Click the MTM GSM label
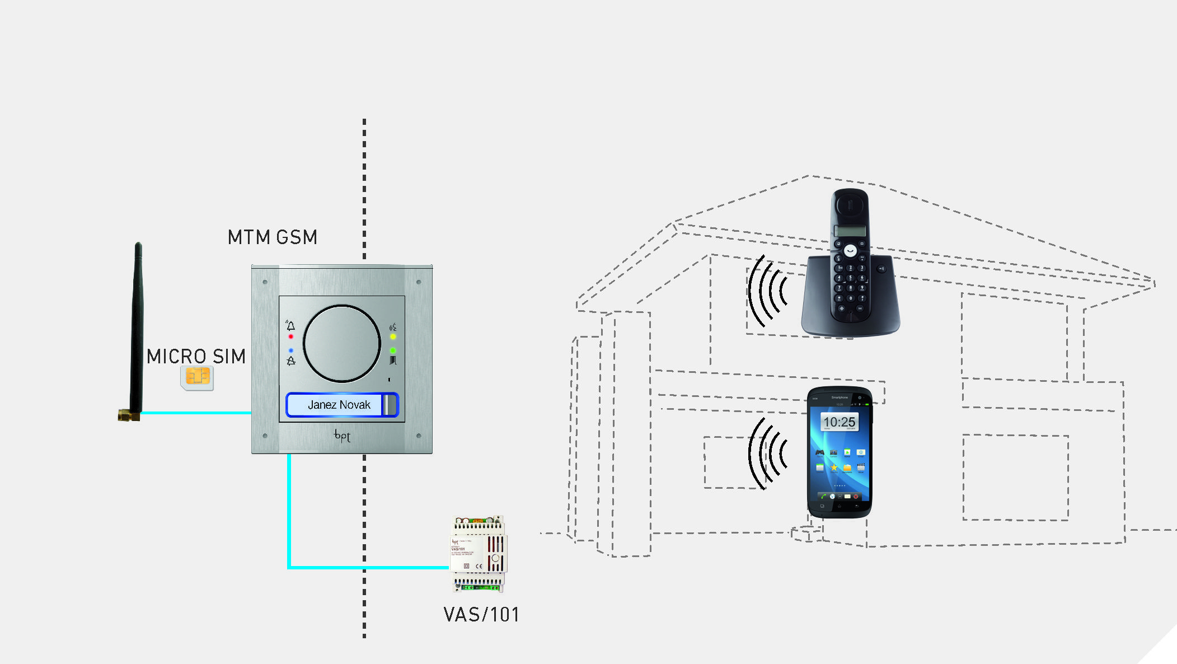click(273, 237)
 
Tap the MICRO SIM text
click(196, 357)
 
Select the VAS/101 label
click(481, 615)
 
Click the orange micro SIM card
click(197, 377)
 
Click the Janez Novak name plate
click(339, 405)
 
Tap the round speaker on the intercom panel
click(341, 343)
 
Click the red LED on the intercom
click(290, 336)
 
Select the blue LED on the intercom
click(290, 350)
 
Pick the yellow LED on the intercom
click(393, 337)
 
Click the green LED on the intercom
click(393, 350)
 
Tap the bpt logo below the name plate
click(342, 436)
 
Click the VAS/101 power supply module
click(479, 554)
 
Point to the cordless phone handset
click(850, 258)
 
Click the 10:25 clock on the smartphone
click(839, 422)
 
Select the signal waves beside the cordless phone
click(768, 291)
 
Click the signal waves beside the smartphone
click(768, 453)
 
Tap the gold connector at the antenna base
click(128, 415)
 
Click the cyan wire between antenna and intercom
click(196, 413)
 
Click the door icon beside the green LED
click(393, 360)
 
